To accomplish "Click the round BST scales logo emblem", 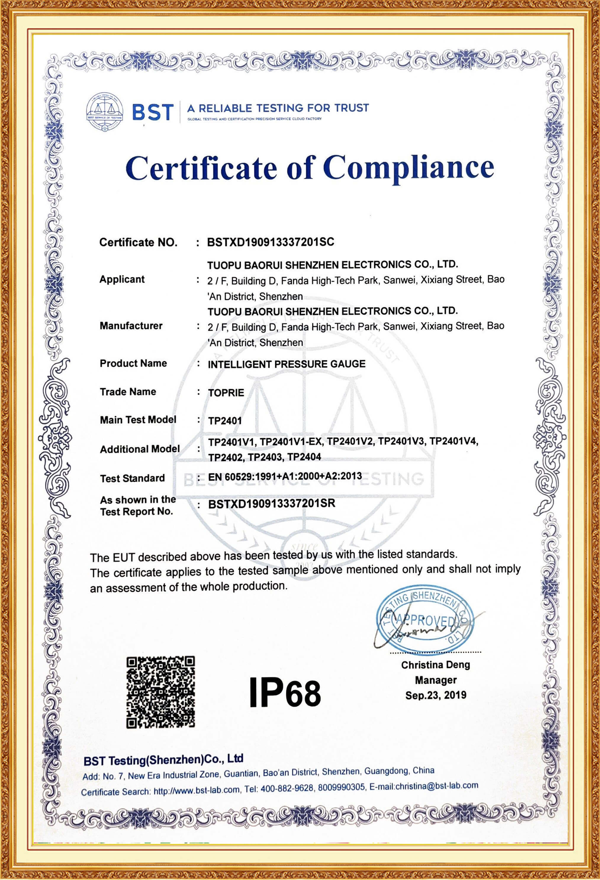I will click(104, 112).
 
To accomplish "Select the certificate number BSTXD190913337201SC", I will click(271, 242).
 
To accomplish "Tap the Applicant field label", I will click(122, 280).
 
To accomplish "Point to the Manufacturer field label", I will click(131, 326).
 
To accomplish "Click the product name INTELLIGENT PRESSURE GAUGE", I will click(287, 364).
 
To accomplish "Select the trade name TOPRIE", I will click(226, 393).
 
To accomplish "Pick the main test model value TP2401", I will click(225, 421).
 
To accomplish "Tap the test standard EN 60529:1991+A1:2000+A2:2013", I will click(285, 476).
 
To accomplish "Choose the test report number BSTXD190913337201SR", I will click(271, 504).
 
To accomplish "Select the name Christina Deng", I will click(435, 665).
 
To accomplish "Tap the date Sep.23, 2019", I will click(435, 695).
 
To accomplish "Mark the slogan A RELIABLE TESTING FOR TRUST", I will click(278, 108).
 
